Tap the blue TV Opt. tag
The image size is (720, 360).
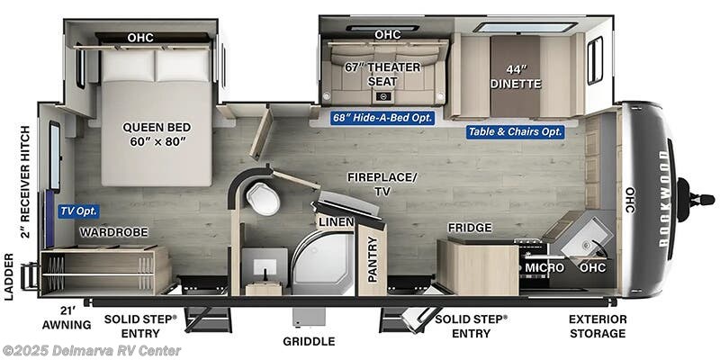coord(78,211)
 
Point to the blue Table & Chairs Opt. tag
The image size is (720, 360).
coord(515,131)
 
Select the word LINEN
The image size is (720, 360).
coord(334,221)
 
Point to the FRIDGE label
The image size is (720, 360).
coord(469,228)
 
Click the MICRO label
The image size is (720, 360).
coord(544,267)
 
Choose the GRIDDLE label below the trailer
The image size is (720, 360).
coord(309,341)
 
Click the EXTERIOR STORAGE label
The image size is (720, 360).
coord(597,326)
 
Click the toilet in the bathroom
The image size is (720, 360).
coord(263,198)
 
